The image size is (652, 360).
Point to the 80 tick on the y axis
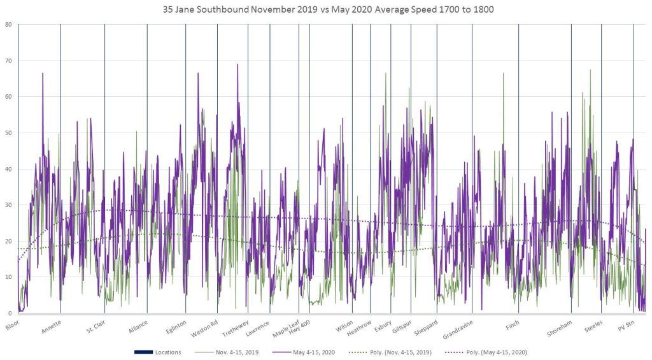tap(8, 25)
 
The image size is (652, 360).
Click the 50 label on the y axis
tap(8, 133)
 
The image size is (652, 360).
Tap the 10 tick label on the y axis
tap(8, 277)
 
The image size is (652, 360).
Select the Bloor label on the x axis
tap(12, 324)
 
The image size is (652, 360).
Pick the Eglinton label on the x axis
tap(176, 327)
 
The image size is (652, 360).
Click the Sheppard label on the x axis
tap(426, 328)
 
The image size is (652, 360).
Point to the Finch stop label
tap(513, 324)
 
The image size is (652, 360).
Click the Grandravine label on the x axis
tap(458, 329)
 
